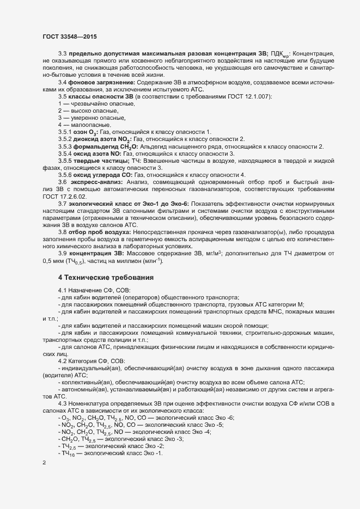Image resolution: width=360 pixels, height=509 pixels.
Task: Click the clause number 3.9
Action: pyautogui.click(x=63, y=269)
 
